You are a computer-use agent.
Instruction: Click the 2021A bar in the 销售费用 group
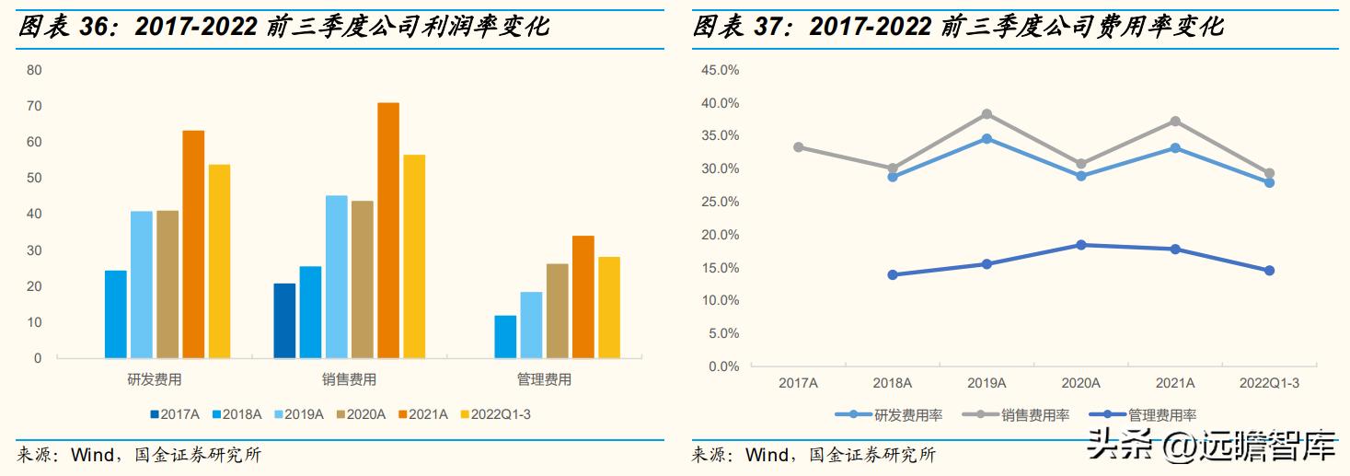[388, 230]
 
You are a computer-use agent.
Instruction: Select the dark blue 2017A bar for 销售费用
[284, 320]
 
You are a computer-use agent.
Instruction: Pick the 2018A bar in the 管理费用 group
[505, 336]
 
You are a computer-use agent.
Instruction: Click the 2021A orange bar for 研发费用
[193, 244]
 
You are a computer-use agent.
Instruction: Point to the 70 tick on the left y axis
[34, 106]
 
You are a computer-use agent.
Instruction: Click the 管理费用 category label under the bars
[543, 379]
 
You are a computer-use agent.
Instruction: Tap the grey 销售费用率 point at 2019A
[987, 114]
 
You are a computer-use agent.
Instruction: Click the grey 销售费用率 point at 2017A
[798, 147]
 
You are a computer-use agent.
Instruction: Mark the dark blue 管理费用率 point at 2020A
[1080, 245]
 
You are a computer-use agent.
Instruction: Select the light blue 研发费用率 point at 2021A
[1175, 147]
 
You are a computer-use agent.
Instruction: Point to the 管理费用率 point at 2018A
[893, 274]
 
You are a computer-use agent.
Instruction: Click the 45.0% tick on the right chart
[720, 70]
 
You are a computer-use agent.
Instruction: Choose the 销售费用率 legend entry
[1021, 415]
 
